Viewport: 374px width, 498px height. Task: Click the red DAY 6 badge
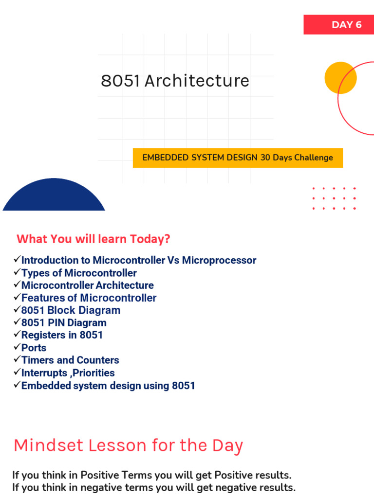339,24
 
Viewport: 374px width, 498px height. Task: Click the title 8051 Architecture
175,81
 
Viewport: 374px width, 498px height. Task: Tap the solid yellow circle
340,78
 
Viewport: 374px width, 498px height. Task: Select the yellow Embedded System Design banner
238,158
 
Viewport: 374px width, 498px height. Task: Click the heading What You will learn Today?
93,239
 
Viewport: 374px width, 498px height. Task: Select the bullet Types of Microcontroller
79,273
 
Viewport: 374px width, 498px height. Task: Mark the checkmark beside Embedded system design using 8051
17,384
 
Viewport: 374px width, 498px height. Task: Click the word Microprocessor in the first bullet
219,261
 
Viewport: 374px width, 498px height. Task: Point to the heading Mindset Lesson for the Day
129,445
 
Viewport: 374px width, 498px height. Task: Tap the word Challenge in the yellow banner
314,158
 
